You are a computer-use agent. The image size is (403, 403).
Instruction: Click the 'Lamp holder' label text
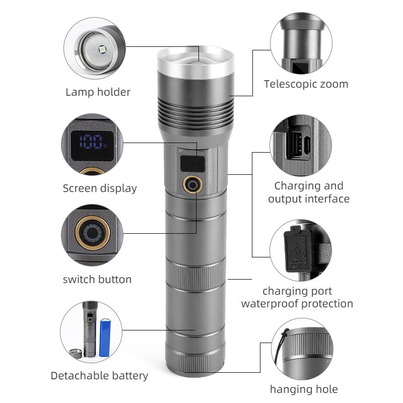point(98,92)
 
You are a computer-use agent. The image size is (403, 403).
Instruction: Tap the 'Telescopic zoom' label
point(306,84)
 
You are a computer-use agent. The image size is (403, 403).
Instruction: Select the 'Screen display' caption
point(100,188)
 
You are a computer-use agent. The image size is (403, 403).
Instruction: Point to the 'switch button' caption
point(97,280)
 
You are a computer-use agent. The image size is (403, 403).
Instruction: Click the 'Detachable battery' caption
point(99,376)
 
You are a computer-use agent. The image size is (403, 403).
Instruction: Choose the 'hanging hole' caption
point(304,389)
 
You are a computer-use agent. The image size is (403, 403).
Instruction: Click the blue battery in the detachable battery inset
point(105,338)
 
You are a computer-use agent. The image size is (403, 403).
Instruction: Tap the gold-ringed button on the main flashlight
point(192,184)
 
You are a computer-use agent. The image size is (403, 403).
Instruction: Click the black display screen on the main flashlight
point(192,164)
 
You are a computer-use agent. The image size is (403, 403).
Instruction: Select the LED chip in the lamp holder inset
point(102,48)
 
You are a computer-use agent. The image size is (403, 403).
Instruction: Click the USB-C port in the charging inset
point(307,145)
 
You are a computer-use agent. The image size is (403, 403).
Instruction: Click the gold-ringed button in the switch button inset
point(93,233)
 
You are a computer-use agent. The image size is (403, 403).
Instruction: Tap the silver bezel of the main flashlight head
point(195,62)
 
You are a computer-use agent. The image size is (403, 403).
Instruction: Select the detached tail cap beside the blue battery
point(76,354)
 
